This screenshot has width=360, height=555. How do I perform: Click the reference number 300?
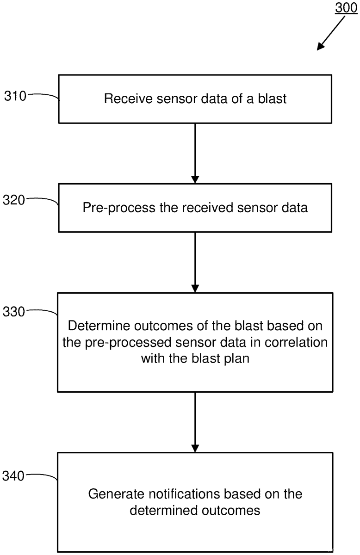coord(346,7)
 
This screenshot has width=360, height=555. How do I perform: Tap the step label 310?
coord(15,96)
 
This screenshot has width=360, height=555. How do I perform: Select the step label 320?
coord(14,200)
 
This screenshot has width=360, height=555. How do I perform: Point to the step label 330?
coord(14,311)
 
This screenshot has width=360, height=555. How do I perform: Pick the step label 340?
coord(13,476)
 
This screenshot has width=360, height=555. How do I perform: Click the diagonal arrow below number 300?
coord(331,33)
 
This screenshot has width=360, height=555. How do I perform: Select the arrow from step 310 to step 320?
coord(195,154)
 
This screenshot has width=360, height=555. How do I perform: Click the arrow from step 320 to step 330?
coord(195,262)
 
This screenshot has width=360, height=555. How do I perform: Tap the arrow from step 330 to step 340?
coord(195,422)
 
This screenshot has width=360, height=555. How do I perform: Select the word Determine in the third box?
coord(99,326)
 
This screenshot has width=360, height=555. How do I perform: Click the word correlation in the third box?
coord(296,342)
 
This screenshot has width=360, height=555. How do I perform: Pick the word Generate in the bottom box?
coord(117,494)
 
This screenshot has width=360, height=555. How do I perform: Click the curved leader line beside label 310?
coord(43,96)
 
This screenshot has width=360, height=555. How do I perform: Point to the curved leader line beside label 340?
coord(42,476)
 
